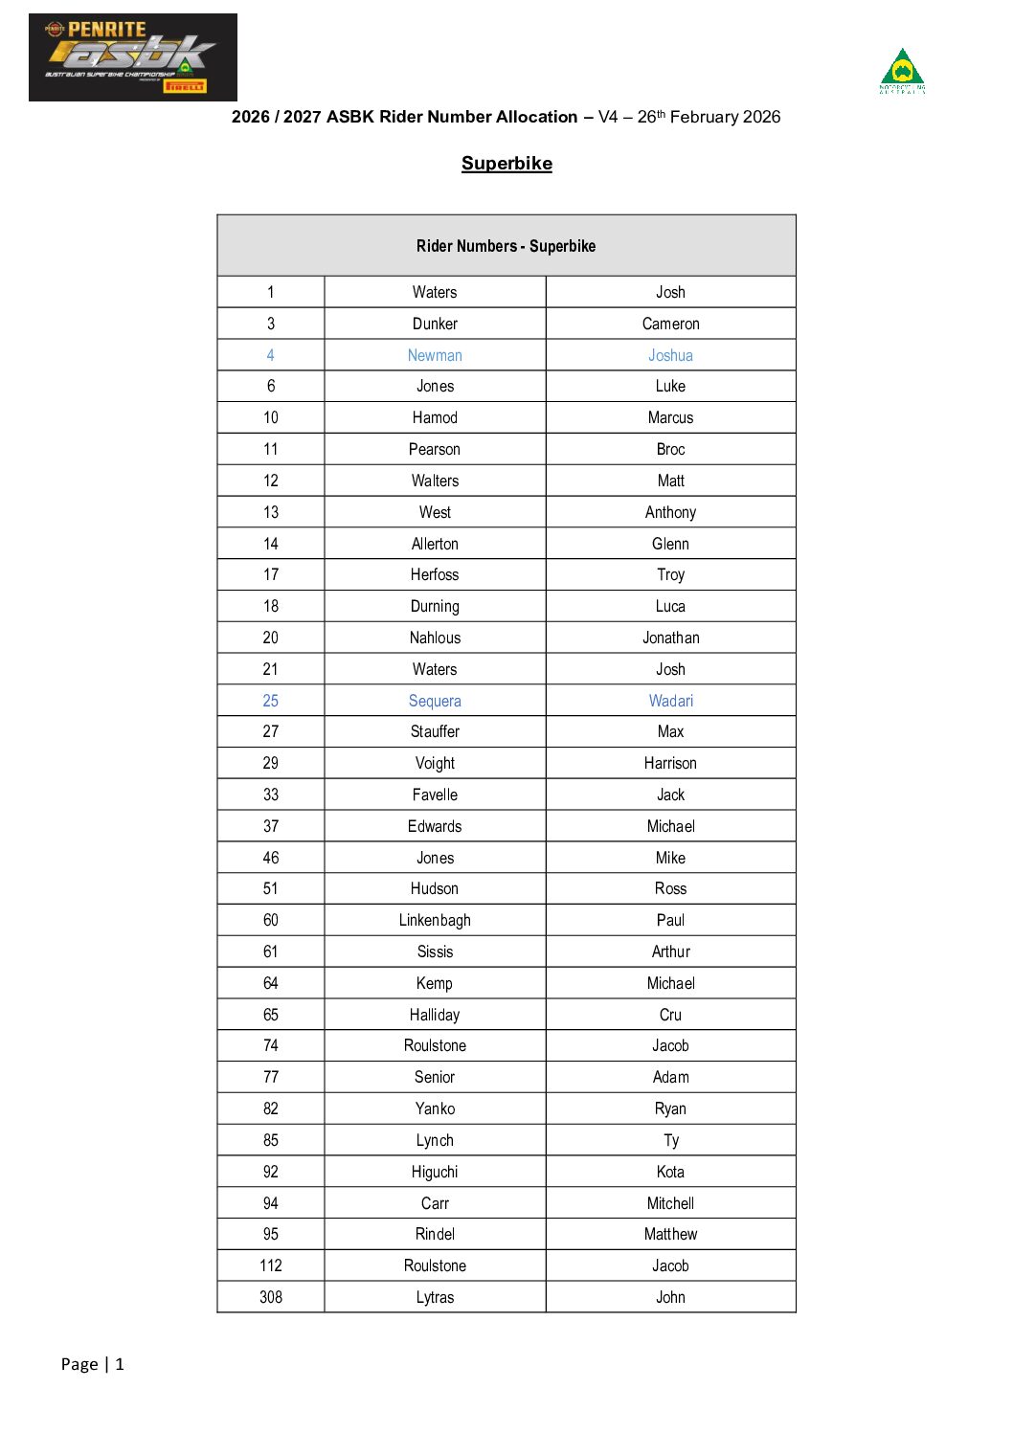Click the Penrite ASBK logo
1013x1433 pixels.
[132, 57]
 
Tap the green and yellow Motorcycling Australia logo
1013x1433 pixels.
[902, 71]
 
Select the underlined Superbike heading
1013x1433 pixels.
[506, 164]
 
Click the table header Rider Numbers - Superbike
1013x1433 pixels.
[506, 246]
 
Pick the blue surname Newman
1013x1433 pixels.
[435, 355]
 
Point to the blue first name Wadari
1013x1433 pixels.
[670, 701]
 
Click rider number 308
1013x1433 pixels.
[271, 1297]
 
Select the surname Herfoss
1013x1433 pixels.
[435, 574]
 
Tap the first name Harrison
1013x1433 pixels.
[670, 763]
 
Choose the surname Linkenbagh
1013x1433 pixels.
[435, 920]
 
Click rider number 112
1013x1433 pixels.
[271, 1265]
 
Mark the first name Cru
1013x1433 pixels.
[670, 1015]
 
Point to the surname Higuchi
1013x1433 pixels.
[435, 1172]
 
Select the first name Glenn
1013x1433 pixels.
[670, 544]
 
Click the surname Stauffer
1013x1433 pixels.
[435, 731]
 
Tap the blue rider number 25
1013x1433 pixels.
[271, 701]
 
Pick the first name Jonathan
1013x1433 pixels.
[670, 638]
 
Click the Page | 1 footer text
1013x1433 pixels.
[93, 1364]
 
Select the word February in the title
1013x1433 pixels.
[704, 117]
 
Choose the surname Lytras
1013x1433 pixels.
[435, 1297]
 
